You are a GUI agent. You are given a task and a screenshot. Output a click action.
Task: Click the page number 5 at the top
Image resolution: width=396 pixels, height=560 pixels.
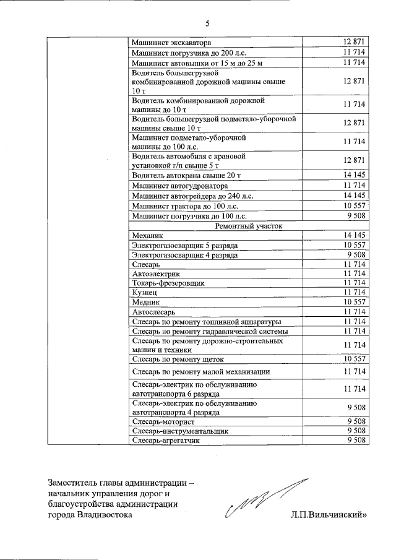pyautogui.click(x=207, y=24)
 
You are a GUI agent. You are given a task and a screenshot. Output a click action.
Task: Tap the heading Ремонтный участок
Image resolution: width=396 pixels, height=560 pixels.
pyautogui.click(x=250, y=226)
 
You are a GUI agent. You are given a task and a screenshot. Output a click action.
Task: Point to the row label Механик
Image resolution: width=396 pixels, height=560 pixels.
pyautogui.click(x=148, y=236)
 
